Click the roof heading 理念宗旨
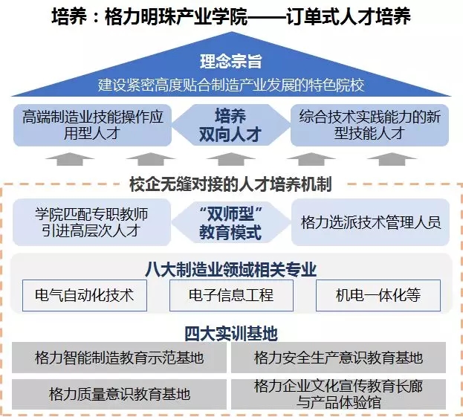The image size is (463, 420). pyautogui.click(x=231, y=62)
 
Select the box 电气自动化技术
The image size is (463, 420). pyautogui.click(x=85, y=295)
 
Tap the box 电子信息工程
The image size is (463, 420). pyautogui.click(x=231, y=295)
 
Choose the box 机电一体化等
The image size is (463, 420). pyautogui.click(x=378, y=295)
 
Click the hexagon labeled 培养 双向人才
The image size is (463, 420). pyautogui.click(x=231, y=125)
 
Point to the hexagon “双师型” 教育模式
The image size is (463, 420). pyautogui.click(x=231, y=222)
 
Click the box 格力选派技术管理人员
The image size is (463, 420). pyautogui.click(x=370, y=222)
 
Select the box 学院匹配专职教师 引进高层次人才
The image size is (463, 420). pyautogui.click(x=92, y=222)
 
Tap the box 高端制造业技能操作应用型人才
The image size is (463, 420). pyautogui.click(x=92, y=125)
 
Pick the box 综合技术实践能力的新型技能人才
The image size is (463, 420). pyautogui.click(x=369, y=125)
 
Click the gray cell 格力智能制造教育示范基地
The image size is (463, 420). pyautogui.click(x=119, y=358)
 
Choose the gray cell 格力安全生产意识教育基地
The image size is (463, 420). pyautogui.click(x=338, y=358)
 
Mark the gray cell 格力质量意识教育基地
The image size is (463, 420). pyautogui.click(x=119, y=394)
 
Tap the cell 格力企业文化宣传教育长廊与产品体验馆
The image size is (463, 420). pyautogui.click(x=338, y=394)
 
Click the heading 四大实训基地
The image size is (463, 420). pyautogui.click(x=231, y=334)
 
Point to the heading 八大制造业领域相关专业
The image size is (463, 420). pyautogui.click(x=231, y=269)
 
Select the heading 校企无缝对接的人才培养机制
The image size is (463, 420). pyautogui.click(x=231, y=184)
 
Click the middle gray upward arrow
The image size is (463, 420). pyautogui.click(x=231, y=159)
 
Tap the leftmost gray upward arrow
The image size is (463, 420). pyautogui.click(x=70, y=159)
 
